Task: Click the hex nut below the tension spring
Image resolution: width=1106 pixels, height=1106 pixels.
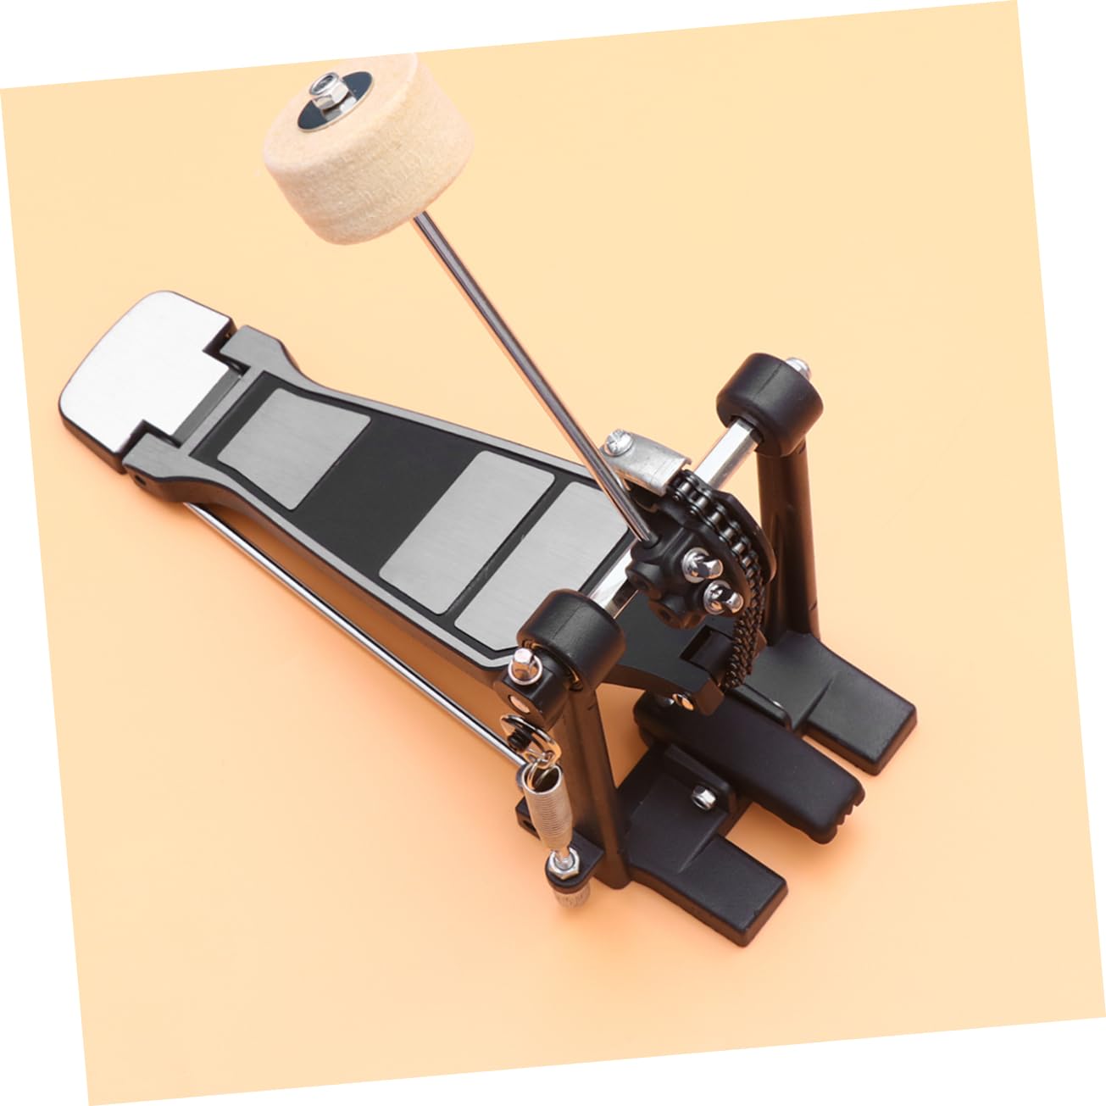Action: (559, 865)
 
